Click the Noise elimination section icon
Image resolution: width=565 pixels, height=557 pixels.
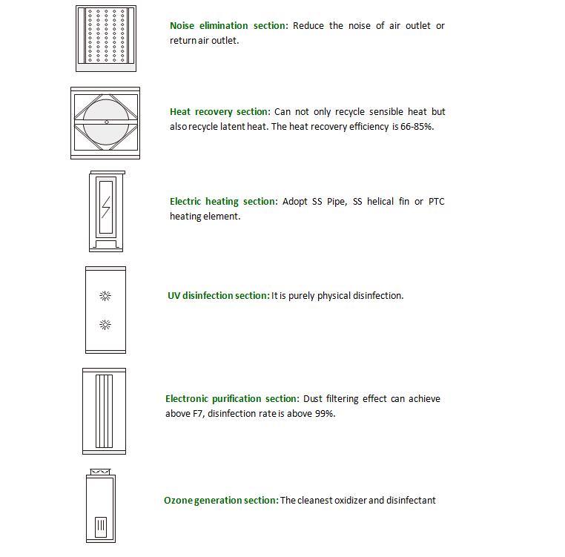(x=105, y=38)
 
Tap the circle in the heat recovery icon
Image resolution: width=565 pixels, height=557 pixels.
(x=106, y=122)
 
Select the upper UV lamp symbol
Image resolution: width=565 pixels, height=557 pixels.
(x=105, y=296)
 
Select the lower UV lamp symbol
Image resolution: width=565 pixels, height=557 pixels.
(x=105, y=324)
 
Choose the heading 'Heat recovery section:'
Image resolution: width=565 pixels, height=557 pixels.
(x=220, y=112)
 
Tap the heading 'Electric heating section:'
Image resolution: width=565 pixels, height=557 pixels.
(x=224, y=202)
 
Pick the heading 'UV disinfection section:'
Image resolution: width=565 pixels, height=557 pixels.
(x=218, y=296)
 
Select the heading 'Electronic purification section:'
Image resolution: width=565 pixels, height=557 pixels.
(x=232, y=399)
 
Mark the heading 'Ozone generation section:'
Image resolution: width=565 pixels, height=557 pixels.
(x=221, y=501)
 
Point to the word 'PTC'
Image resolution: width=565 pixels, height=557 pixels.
(x=436, y=202)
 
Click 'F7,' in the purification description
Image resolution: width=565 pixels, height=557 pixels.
(x=197, y=414)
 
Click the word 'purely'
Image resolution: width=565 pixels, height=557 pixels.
(x=300, y=296)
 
